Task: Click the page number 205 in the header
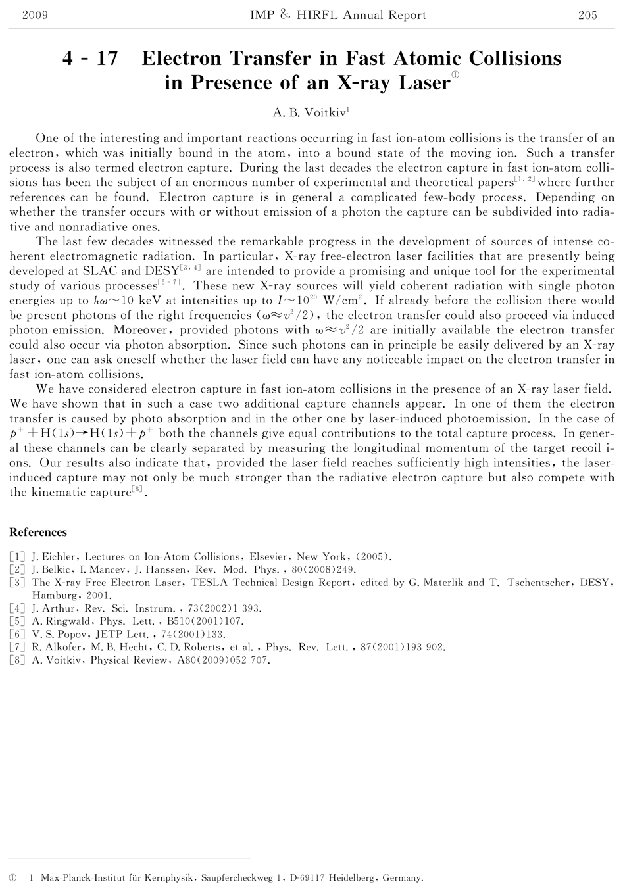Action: (587, 15)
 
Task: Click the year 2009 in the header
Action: (35, 15)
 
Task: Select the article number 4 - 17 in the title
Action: (90, 59)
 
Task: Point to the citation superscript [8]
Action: (138, 489)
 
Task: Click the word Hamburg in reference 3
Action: (54, 595)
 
